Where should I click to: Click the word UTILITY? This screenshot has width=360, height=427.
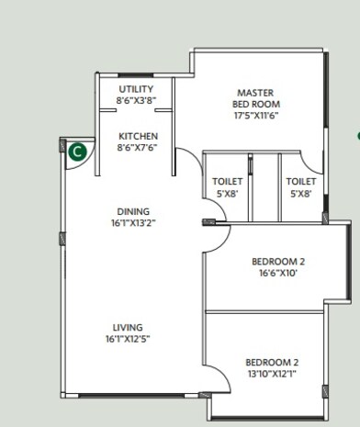(x=136, y=89)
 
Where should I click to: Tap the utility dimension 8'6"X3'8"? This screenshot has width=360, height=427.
(x=136, y=100)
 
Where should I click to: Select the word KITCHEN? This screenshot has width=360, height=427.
(x=136, y=137)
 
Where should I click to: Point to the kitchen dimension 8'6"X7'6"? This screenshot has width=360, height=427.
(x=136, y=148)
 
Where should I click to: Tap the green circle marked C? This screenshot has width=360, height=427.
(x=78, y=150)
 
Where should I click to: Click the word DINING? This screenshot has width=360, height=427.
(x=132, y=212)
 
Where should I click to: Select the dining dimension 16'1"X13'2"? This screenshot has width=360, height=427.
(x=132, y=223)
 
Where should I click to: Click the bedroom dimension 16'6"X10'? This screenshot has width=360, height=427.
(x=278, y=274)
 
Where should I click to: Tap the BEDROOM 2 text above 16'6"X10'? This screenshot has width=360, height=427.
(x=278, y=262)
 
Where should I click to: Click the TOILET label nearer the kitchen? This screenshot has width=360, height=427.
(x=227, y=182)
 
